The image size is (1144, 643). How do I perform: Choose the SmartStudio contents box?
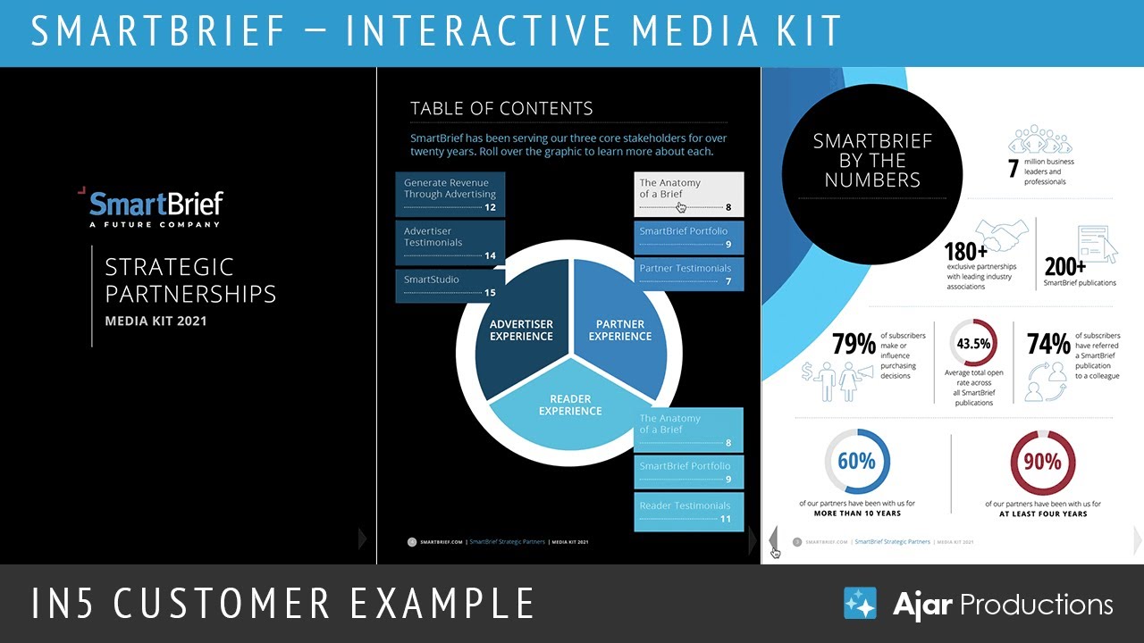point(450,286)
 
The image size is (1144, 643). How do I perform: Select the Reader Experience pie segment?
point(570,406)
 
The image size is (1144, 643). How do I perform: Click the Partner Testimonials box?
point(689,274)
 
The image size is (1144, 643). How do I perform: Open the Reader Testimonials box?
point(688,512)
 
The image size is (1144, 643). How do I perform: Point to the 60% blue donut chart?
point(856,462)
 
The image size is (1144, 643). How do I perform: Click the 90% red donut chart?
point(1042,462)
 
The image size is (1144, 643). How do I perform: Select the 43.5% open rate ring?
point(973,343)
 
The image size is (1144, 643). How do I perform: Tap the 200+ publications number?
point(1064,266)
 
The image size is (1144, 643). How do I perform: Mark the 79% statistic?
point(854,344)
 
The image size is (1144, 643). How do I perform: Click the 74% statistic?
point(1048,344)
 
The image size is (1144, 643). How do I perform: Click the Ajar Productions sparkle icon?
point(861,604)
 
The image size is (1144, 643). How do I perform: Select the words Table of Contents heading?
point(501,109)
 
